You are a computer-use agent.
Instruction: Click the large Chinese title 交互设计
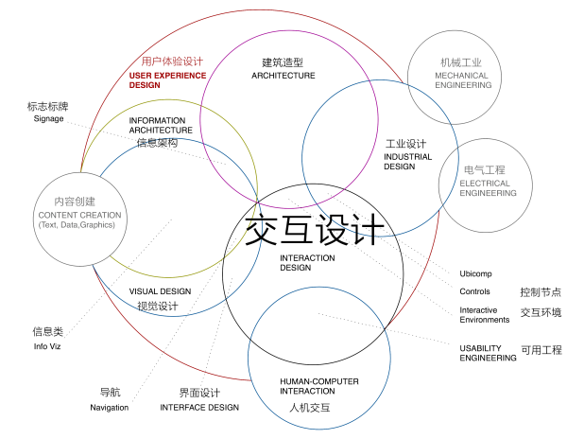click(x=315, y=229)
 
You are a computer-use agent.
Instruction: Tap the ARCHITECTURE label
click(x=283, y=76)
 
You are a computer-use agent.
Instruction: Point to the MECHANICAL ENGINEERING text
click(x=463, y=79)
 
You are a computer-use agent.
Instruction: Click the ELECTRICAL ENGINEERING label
click(x=489, y=188)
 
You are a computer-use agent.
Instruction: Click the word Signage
click(x=48, y=119)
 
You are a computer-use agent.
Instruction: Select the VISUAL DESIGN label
click(x=160, y=291)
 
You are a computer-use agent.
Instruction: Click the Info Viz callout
click(x=47, y=347)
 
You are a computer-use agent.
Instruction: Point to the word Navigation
click(x=109, y=408)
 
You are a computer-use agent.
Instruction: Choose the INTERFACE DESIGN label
click(x=199, y=408)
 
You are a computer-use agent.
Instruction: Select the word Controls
click(x=474, y=291)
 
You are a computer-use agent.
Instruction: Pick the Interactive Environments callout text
click(x=485, y=315)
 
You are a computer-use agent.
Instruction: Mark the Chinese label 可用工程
click(x=541, y=350)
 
